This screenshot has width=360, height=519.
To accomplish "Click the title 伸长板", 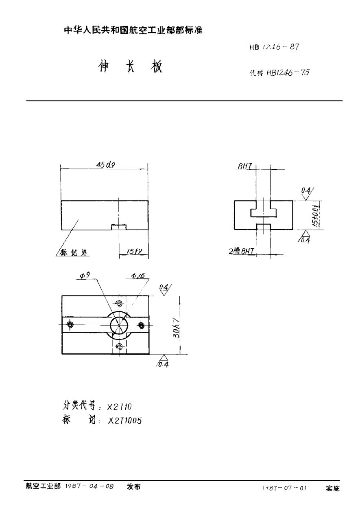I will (130, 68).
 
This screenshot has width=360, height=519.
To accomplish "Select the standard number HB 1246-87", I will (275, 47).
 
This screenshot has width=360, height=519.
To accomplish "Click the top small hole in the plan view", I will (119, 303).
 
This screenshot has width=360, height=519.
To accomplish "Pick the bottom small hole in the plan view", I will (119, 346).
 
